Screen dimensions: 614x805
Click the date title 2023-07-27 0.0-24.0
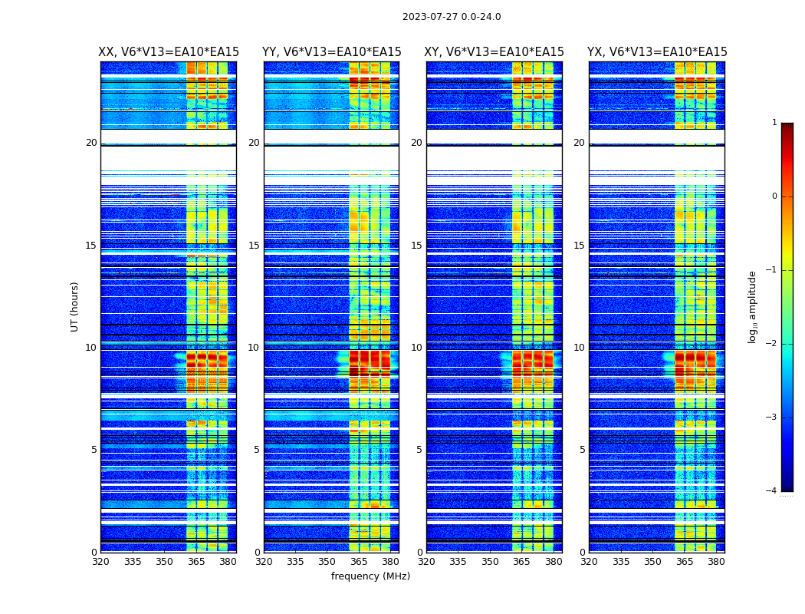(x=452, y=17)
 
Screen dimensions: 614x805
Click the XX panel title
(x=169, y=52)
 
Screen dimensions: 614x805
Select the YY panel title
(x=331, y=52)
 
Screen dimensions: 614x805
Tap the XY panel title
(x=494, y=52)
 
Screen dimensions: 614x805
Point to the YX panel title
(x=657, y=52)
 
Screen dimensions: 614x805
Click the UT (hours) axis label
(x=75, y=306)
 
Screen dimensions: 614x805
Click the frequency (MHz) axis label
(x=370, y=576)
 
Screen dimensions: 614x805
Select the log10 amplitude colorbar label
(x=753, y=306)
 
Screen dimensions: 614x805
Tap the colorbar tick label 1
(x=774, y=123)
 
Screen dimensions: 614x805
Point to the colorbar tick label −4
(x=772, y=491)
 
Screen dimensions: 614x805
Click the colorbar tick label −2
(x=772, y=344)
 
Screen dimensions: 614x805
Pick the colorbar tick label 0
(x=774, y=196)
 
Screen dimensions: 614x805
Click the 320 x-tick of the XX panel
(x=101, y=562)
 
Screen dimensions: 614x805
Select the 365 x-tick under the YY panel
(x=359, y=562)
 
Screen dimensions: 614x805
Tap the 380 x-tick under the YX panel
(x=716, y=562)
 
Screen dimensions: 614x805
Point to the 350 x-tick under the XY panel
(x=490, y=562)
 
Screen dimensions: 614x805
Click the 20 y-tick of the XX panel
(x=91, y=143)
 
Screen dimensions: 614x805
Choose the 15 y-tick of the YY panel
(x=254, y=246)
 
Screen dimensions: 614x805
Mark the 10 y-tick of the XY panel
(x=416, y=348)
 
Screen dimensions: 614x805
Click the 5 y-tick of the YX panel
(x=582, y=450)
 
